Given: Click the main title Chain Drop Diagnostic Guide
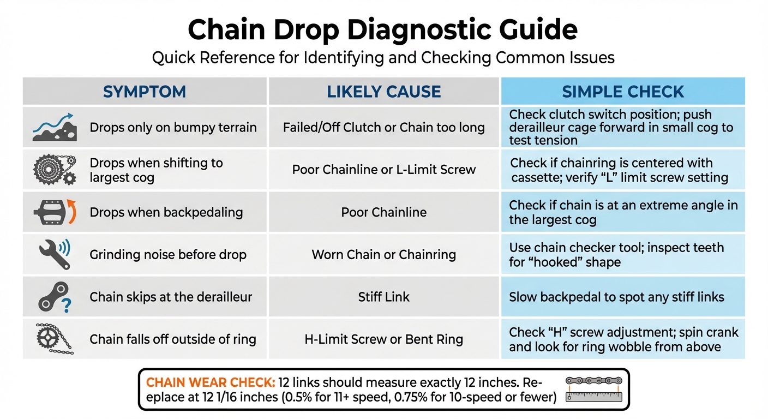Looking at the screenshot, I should point(383,31).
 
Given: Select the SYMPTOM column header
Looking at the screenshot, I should point(145,92).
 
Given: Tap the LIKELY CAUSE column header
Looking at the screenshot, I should point(384,92).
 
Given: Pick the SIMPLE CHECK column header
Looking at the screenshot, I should point(623,92).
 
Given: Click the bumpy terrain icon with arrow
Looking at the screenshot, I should point(53,127).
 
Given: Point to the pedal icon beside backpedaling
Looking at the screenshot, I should point(53,212).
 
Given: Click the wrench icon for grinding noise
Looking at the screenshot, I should point(53,254).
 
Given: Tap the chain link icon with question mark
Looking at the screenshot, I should point(53,297).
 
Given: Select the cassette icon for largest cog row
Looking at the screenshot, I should point(53,170).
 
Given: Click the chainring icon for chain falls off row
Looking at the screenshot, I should point(53,339).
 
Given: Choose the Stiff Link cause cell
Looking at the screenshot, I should point(384,297).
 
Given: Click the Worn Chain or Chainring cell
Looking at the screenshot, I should point(384,255).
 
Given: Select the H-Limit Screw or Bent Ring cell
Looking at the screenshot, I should point(384,339).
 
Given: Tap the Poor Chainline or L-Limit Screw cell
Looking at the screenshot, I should point(384,170).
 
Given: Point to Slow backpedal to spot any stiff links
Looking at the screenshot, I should point(616,297).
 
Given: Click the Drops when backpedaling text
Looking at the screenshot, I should point(166,212).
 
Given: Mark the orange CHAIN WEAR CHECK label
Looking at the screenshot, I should point(210,382).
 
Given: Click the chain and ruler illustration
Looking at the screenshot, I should point(593,389).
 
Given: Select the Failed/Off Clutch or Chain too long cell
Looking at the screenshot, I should point(384,128).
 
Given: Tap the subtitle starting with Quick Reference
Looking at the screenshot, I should point(383,58).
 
